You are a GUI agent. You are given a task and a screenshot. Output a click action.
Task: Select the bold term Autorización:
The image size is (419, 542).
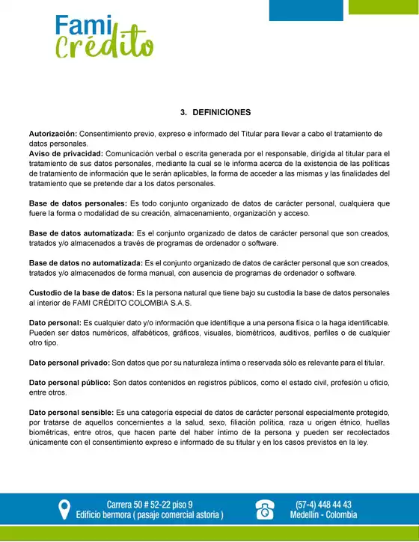52,134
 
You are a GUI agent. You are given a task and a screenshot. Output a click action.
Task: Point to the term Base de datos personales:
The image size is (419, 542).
78,203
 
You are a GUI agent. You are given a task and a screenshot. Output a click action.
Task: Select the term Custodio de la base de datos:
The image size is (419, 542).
82,293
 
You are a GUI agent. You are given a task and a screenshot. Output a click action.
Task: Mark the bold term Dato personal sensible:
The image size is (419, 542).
71,413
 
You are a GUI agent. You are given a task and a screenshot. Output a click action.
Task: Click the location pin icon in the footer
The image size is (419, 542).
64,510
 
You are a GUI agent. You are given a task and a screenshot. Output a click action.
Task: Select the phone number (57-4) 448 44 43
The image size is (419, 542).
324,504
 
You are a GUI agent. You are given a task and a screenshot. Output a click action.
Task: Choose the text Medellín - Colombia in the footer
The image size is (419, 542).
324,516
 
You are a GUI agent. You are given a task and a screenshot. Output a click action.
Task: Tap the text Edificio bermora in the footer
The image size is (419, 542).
113,516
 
